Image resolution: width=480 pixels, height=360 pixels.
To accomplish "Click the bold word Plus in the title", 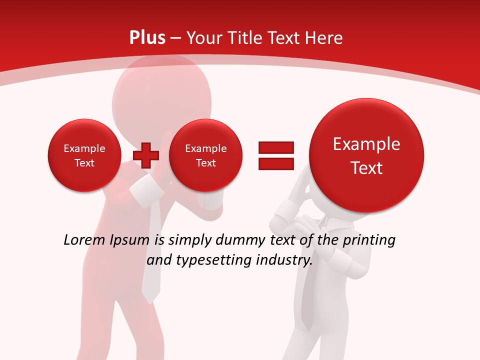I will coord(147,38).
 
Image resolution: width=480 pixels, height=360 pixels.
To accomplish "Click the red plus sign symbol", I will coord(146,155).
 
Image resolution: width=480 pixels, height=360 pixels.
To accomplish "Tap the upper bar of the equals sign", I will coord(276,147).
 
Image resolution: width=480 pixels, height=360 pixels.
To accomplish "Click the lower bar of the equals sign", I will coord(276,164).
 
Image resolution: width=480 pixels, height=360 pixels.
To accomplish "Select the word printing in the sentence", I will coord(368,240).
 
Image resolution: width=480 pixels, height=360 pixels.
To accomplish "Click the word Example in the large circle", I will coord(366,144).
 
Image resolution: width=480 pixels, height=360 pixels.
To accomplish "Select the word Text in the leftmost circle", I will coord(84,163).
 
